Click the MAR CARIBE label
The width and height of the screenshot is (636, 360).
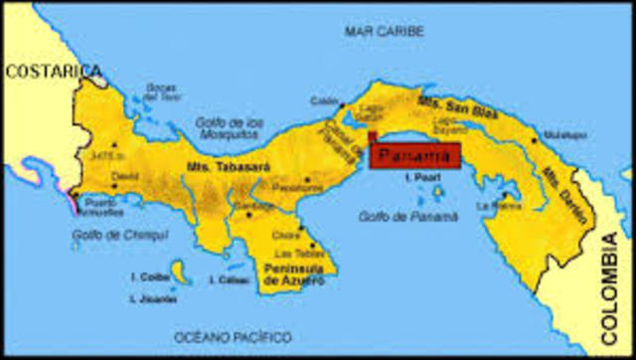point(384,32)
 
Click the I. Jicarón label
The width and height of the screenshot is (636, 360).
point(153,298)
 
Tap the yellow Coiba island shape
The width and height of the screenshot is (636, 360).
point(180,271)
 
